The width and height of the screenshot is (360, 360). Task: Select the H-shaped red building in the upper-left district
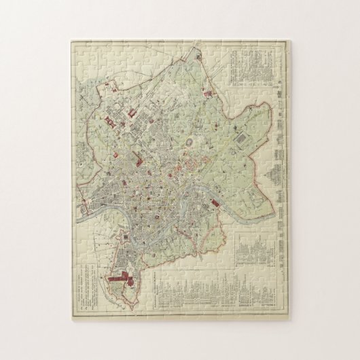109,122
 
